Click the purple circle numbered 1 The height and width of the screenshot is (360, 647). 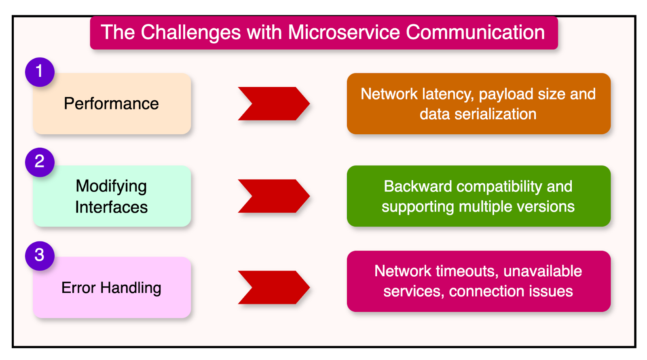[40, 72]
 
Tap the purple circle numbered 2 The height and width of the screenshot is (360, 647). [40, 162]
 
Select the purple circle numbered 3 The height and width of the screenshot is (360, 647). [40, 256]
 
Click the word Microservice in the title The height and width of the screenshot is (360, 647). [344, 32]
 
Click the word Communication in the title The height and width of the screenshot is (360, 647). [475, 32]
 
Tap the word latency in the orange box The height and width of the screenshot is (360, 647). [448, 94]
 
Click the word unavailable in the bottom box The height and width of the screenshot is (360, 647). [542, 271]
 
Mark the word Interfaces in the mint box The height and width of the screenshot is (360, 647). [111, 208]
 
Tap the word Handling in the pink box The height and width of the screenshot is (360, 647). [131, 288]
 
